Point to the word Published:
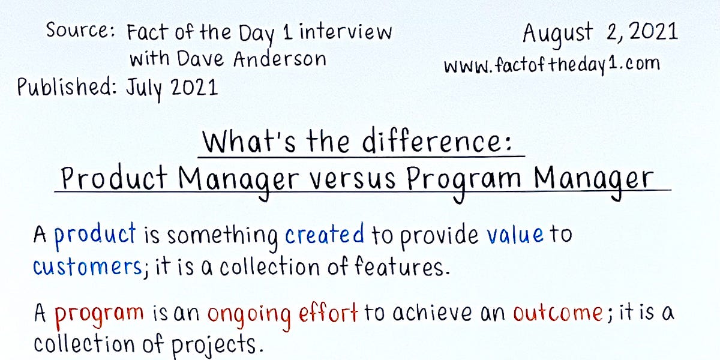67,88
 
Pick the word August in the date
557,33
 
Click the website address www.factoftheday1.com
552,64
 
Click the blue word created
324,235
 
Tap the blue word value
515,235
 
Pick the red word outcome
557,313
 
